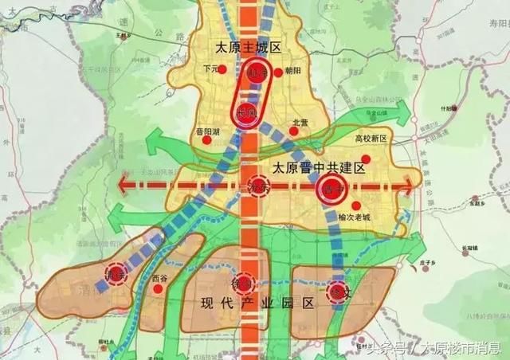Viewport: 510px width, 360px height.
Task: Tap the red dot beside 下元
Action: click(x=225, y=70)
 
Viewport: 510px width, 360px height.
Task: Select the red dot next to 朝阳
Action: click(x=278, y=72)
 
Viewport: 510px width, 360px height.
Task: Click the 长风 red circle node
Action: click(x=248, y=112)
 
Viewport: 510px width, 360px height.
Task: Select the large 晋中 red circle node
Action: click(x=331, y=190)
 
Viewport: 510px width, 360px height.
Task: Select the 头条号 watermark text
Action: click(x=386, y=348)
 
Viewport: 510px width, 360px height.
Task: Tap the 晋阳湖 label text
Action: click(x=208, y=130)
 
